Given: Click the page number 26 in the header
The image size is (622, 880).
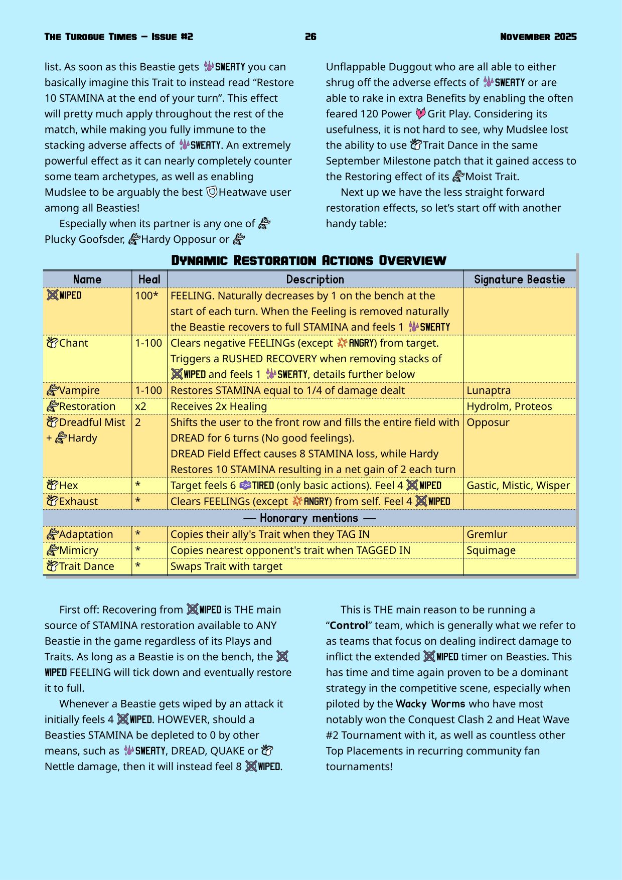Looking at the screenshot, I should pyautogui.click(x=310, y=37).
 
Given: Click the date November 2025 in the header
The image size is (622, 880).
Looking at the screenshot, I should pyautogui.click(x=538, y=37).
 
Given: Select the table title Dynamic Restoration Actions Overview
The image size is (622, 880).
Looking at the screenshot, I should pyautogui.click(x=308, y=260).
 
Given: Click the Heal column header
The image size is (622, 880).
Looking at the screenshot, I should pyautogui.click(x=149, y=279).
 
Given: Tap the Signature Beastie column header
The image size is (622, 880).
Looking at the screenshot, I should pyautogui.click(x=519, y=279).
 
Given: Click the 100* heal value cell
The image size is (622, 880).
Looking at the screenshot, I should pyautogui.click(x=146, y=296).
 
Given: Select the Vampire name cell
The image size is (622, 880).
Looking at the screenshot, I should pyautogui.click(x=79, y=390).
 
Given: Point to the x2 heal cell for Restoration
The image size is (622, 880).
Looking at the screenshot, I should pyautogui.click(x=141, y=406).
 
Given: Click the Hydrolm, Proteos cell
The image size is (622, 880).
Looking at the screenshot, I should pyautogui.click(x=509, y=406).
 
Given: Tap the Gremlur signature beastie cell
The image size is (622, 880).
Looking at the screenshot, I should pyautogui.click(x=487, y=534).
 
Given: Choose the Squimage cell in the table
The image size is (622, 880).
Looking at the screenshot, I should pyautogui.click(x=491, y=550).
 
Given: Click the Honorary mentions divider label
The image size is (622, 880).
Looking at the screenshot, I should pyautogui.click(x=309, y=518).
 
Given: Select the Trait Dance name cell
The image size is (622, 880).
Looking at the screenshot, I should pyautogui.click(x=86, y=566).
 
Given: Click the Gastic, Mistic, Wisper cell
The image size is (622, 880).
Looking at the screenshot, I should pyautogui.click(x=518, y=485).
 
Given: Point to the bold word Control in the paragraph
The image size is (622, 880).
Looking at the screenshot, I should pyautogui.click(x=349, y=625).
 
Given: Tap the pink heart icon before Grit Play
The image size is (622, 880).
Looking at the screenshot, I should pyautogui.click(x=420, y=114).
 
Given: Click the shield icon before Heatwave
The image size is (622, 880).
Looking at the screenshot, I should pyautogui.click(x=212, y=192).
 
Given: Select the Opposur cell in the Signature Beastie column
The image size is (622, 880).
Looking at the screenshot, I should pyautogui.click(x=488, y=422).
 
